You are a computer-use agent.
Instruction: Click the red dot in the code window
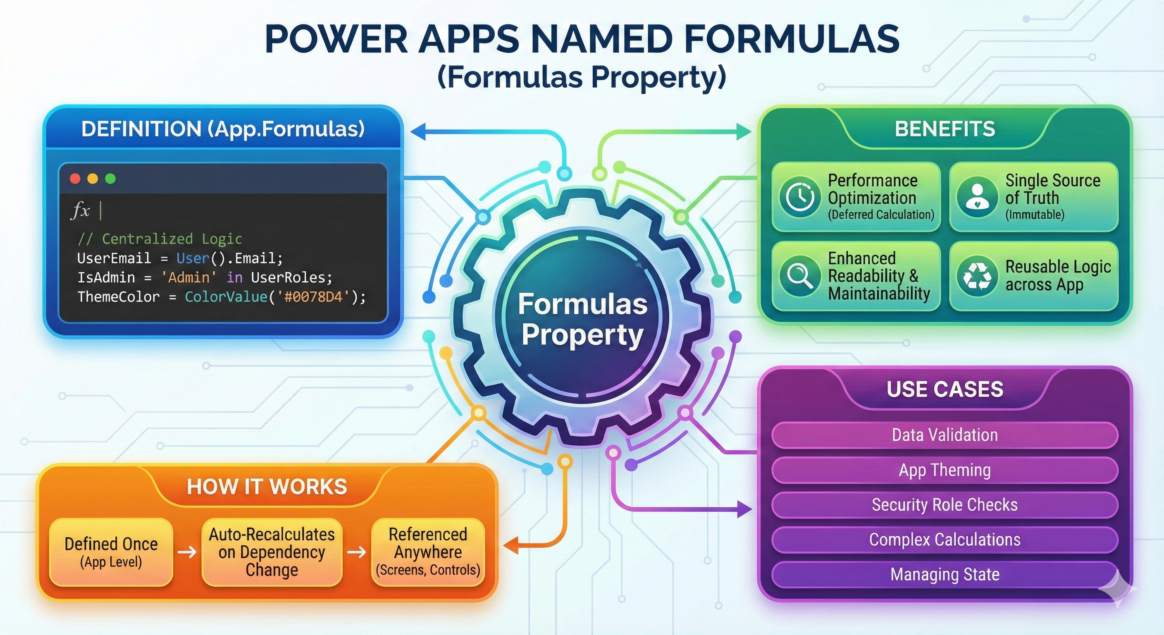pyautogui.click(x=75, y=179)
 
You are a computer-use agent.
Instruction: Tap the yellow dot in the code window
pyautogui.click(x=93, y=179)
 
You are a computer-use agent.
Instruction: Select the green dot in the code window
pyautogui.click(x=110, y=179)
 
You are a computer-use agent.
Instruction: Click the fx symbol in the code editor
pyautogui.click(x=81, y=210)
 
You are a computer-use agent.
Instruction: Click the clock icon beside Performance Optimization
pyautogui.click(x=800, y=197)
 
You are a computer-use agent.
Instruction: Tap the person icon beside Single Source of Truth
pyautogui.click(x=977, y=197)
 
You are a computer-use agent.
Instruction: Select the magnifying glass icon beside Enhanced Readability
pyautogui.click(x=800, y=275)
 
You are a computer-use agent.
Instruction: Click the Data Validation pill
pyautogui.click(x=945, y=435)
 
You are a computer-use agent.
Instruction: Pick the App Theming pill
pyautogui.click(x=945, y=470)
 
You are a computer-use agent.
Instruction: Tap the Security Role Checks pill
pyautogui.click(x=945, y=505)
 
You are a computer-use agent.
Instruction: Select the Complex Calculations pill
pyautogui.click(x=945, y=540)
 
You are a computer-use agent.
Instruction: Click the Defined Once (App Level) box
pyautogui.click(x=111, y=552)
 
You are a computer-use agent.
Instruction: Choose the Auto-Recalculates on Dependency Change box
pyautogui.click(x=272, y=552)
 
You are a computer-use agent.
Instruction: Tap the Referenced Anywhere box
pyautogui.click(x=427, y=552)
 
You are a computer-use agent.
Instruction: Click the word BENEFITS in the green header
pyautogui.click(x=945, y=129)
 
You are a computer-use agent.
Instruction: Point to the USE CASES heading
pyautogui.click(x=945, y=389)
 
